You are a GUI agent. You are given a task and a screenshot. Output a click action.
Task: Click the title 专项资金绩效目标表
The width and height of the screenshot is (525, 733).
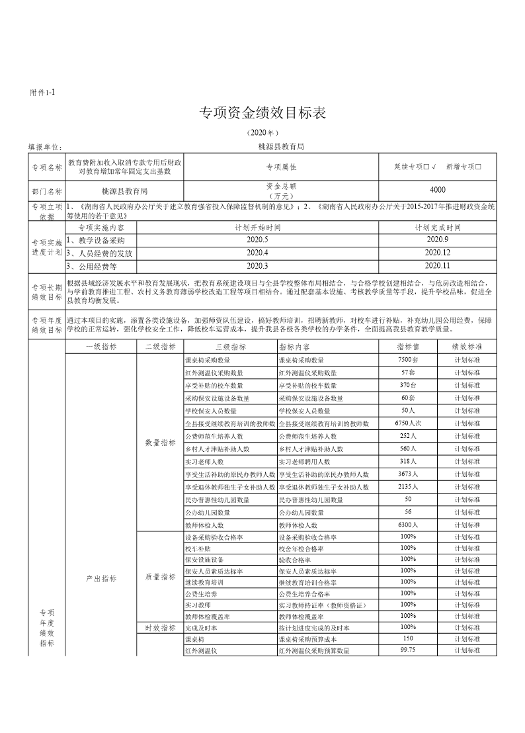click(x=262, y=113)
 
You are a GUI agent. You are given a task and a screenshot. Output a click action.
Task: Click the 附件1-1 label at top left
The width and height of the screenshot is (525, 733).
click(x=42, y=93)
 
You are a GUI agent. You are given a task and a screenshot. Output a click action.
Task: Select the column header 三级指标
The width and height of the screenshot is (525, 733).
click(x=230, y=346)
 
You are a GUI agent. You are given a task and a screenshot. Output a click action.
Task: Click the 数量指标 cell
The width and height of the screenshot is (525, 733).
click(x=160, y=443)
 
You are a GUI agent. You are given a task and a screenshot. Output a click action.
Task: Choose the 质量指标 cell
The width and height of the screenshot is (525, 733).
click(x=160, y=577)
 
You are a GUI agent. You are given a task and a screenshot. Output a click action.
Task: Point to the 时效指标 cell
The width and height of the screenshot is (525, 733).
click(x=160, y=627)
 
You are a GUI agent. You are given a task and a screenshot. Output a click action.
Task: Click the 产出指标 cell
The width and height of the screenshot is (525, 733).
click(x=101, y=578)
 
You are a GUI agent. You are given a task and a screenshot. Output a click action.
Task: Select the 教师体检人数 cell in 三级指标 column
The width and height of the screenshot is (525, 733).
click(x=206, y=525)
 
